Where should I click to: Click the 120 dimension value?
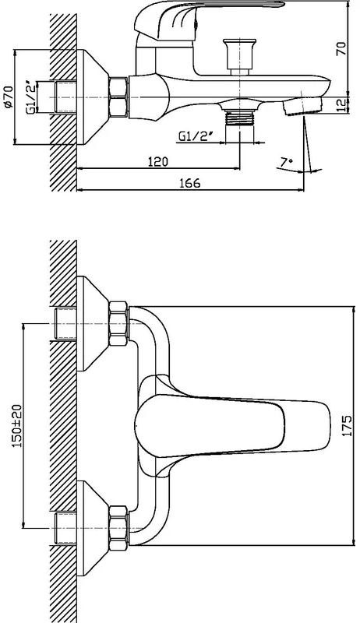tap(158, 162)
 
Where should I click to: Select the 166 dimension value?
tap(190, 183)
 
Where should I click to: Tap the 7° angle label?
tap(287, 162)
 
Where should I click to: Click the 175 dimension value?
tap(347, 425)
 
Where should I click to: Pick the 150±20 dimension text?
tap(16, 425)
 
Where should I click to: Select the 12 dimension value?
tap(342, 105)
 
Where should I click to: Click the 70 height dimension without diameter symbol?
tap(342, 48)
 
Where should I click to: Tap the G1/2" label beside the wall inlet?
tap(32, 98)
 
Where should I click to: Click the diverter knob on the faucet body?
tap(239, 56)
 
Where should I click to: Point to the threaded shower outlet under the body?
tap(239, 118)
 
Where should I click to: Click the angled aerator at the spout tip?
tap(303, 106)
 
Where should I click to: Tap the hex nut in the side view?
tap(118, 97)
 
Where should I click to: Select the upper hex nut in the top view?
tap(118, 323)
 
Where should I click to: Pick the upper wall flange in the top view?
tap(92, 323)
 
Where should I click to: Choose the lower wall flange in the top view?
tap(92, 528)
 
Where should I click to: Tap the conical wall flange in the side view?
tap(92, 97)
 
